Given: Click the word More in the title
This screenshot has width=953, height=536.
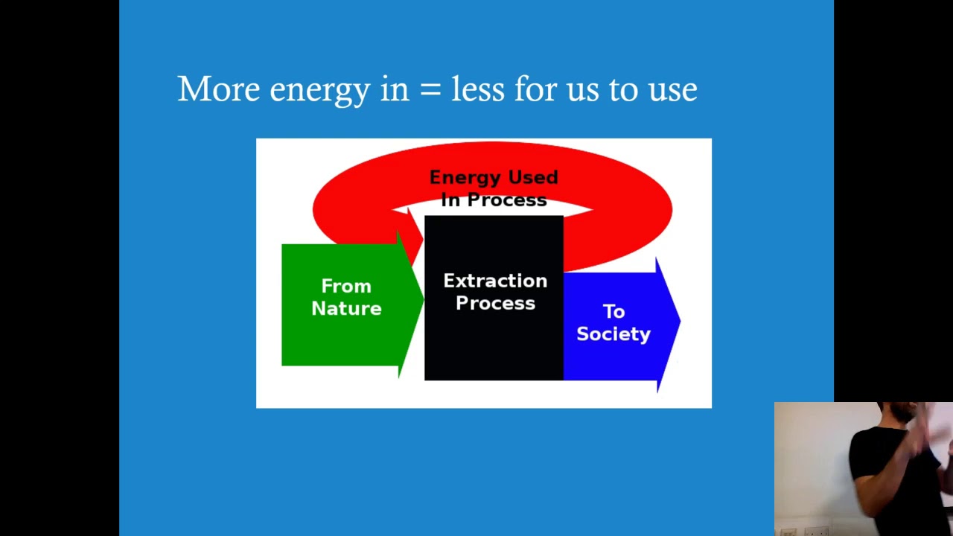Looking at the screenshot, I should click(x=218, y=89).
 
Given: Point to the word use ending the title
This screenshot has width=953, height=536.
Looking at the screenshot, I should click(x=672, y=91).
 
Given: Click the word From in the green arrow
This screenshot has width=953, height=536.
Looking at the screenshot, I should click(x=346, y=287).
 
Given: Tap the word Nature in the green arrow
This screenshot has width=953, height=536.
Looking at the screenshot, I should click(x=346, y=309).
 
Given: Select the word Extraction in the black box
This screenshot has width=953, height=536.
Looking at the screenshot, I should click(x=495, y=281).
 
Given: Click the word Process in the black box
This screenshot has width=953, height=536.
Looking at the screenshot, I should click(x=495, y=304).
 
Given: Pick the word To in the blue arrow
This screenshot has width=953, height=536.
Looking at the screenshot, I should click(x=613, y=311).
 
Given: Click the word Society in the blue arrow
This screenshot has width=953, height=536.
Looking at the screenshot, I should click(x=613, y=334).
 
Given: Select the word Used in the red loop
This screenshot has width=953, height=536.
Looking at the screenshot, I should click(x=533, y=177).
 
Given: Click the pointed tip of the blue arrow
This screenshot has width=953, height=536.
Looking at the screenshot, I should click(x=678, y=322).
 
